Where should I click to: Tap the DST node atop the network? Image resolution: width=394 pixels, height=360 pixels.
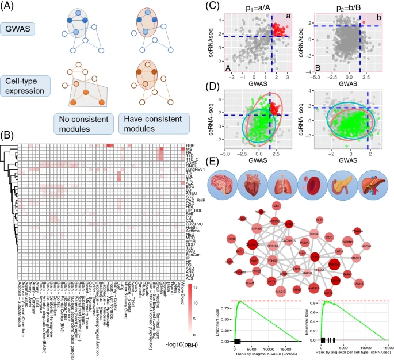coord(277,205)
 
